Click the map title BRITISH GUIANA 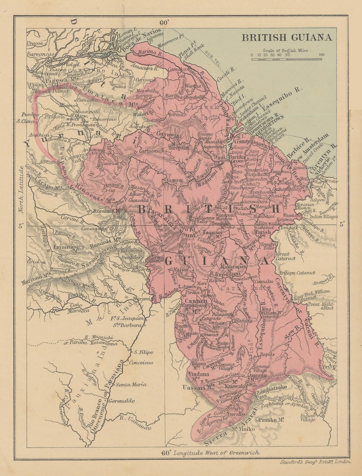click(287, 37)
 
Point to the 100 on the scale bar click(321, 55)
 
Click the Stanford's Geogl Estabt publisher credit click(315, 462)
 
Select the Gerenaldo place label click(122, 401)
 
